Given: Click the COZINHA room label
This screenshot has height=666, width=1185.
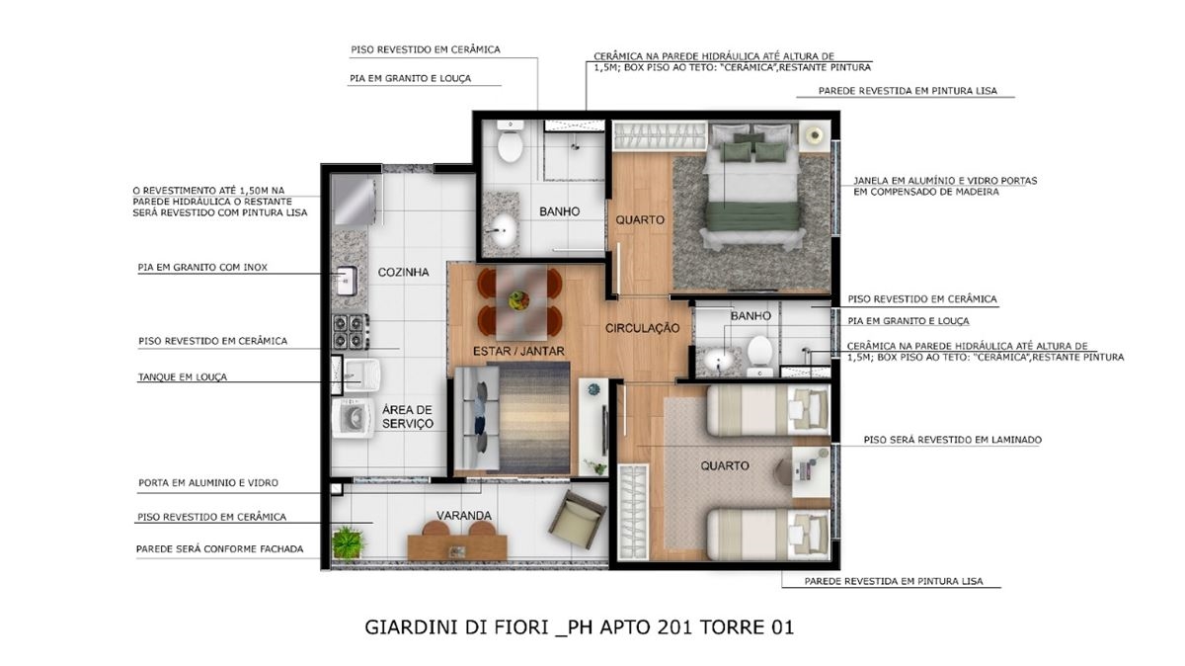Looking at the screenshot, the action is (403, 272).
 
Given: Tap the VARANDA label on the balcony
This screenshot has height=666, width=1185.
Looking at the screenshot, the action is (464, 515).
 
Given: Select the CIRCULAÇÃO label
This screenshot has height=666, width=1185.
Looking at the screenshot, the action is (642, 328).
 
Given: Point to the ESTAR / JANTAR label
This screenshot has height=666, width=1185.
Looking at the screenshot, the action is (518, 351).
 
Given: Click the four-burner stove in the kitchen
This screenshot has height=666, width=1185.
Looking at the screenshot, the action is (351, 331).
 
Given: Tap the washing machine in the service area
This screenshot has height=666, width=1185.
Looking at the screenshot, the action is (353, 419).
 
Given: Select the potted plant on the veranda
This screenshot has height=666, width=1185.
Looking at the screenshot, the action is (347, 541).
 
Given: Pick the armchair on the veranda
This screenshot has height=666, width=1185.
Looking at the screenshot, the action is (577, 520).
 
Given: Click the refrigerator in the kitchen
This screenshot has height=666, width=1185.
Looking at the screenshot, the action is (354, 201).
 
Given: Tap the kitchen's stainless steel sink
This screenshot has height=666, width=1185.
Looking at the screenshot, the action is (346, 281).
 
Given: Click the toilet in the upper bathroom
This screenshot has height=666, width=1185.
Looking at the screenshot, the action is (510, 141).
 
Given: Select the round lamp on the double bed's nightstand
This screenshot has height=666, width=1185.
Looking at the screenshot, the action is (815, 135).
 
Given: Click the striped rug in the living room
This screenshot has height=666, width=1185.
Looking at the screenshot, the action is (534, 418).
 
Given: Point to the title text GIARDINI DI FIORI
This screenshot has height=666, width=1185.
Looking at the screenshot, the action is (456, 627).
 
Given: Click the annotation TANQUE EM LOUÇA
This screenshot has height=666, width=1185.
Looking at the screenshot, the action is (183, 376).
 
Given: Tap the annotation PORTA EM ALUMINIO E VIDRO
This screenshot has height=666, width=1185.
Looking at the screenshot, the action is (208, 483).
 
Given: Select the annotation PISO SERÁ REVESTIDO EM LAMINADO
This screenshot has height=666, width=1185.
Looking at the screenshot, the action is (953, 440).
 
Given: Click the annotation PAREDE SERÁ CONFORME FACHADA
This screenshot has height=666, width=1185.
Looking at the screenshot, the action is (220, 549).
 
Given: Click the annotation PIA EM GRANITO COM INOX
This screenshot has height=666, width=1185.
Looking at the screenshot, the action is (202, 268).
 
